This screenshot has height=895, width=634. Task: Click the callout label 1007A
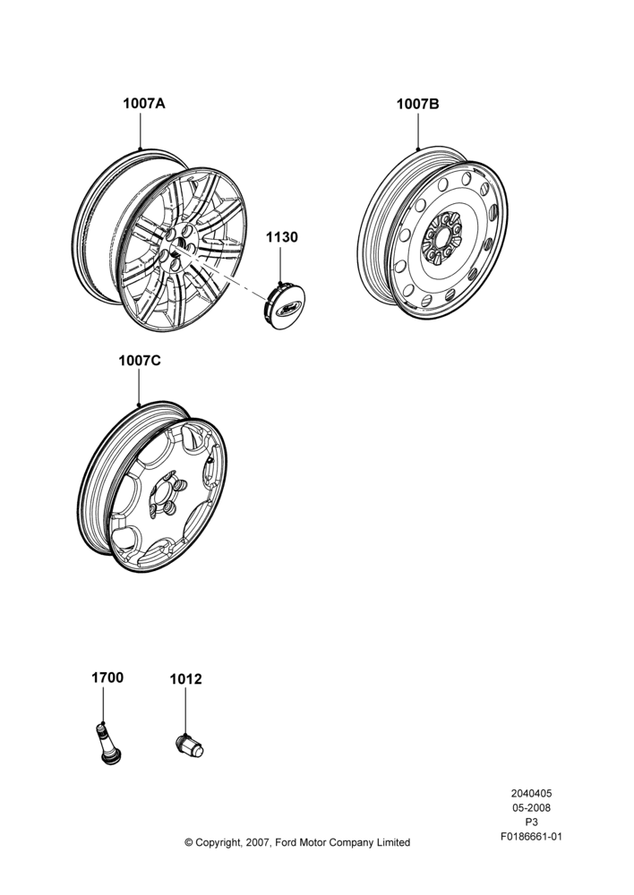click(x=144, y=103)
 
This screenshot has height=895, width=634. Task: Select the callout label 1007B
click(x=418, y=104)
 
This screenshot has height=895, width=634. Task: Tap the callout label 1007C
click(x=140, y=361)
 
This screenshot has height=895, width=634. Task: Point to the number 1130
click(x=281, y=237)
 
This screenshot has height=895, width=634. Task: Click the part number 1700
click(x=107, y=678)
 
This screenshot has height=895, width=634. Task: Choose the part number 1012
click(x=185, y=679)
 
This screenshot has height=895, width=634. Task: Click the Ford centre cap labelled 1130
click(x=285, y=306)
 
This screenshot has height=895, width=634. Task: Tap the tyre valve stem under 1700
click(x=107, y=743)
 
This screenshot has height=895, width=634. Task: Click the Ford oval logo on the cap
click(x=288, y=309)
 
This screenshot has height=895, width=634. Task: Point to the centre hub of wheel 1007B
click(x=441, y=238)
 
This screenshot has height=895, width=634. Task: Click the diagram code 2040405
click(x=531, y=793)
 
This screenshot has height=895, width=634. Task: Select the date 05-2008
click(x=531, y=807)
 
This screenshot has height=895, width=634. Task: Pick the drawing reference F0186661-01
click(x=531, y=837)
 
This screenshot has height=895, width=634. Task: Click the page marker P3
click(x=531, y=823)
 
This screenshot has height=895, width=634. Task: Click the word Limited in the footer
click(x=393, y=842)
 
